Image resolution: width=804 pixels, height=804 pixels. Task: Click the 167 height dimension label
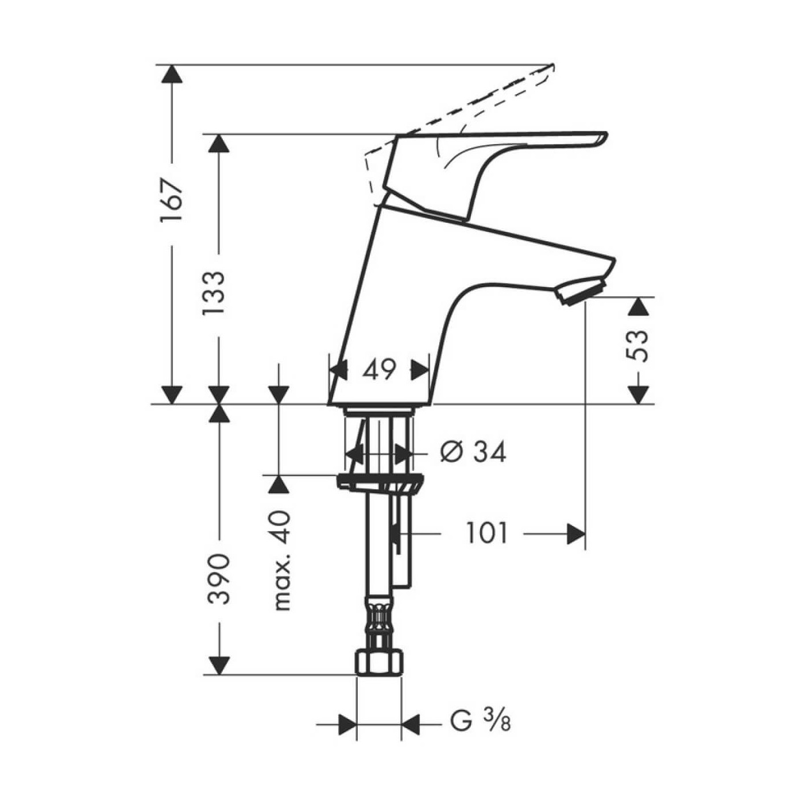(x=171, y=201)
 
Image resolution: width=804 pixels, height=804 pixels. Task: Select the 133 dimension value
(x=214, y=293)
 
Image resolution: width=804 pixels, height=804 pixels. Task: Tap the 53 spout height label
(x=638, y=345)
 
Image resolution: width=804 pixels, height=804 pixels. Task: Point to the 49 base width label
(x=380, y=370)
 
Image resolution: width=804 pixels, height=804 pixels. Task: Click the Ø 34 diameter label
(x=473, y=452)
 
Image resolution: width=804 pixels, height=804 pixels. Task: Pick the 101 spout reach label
(x=486, y=534)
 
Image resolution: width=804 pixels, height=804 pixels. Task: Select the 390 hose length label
(x=219, y=578)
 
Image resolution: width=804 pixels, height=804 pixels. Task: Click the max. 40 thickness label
(x=281, y=560)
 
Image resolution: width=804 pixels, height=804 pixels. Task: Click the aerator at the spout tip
(x=580, y=289)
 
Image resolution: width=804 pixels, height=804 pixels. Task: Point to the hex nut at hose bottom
(x=378, y=663)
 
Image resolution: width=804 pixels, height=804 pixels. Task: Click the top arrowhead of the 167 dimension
(x=171, y=74)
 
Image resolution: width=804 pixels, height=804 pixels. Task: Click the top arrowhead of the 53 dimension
(x=638, y=307)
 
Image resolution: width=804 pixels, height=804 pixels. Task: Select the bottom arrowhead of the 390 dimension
(x=219, y=665)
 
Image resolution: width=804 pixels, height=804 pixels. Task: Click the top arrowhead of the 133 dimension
(x=219, y=143)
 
